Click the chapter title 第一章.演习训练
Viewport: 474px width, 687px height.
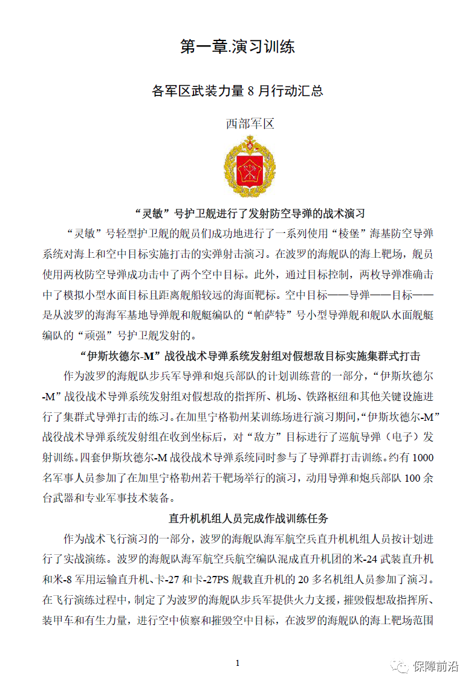coord(237,46)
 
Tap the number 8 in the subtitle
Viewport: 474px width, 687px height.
coord(252,91)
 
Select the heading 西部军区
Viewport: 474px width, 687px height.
coord(250,124)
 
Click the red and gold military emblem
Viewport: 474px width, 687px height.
coord(249,167)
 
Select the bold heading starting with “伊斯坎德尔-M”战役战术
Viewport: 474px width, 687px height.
coord(250,356)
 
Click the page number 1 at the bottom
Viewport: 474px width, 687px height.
coord(238,663)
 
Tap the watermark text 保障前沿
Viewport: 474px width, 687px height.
coord(435,666)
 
